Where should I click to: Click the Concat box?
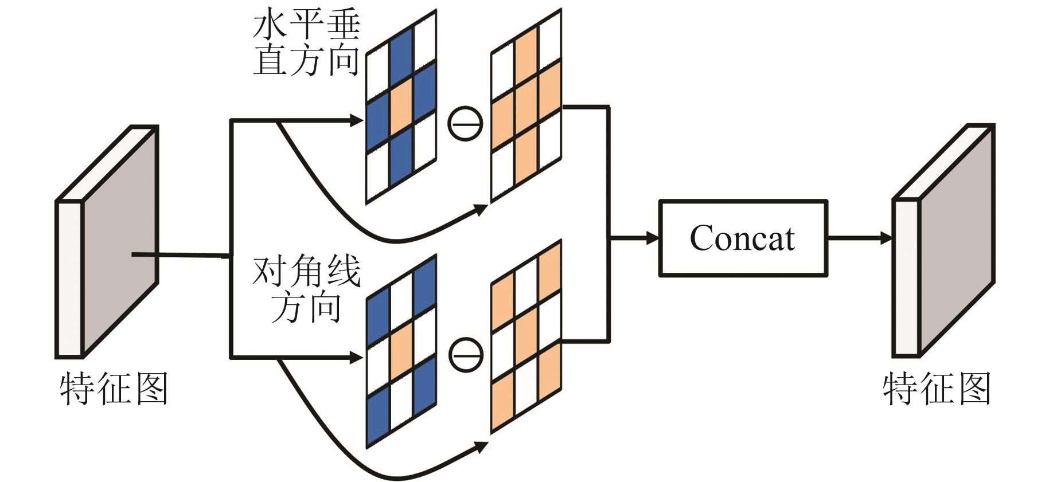(x=743, y=238)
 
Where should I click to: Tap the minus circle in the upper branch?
(x=465, y=123)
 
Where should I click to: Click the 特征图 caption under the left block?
(x=114, y=389)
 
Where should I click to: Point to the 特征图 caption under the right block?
(x=936, y=389)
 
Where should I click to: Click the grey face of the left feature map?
(x=120, y=241)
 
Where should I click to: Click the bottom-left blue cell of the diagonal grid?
(x=378, y=416)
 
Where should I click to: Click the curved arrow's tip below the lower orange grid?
(x=481, y=446)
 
